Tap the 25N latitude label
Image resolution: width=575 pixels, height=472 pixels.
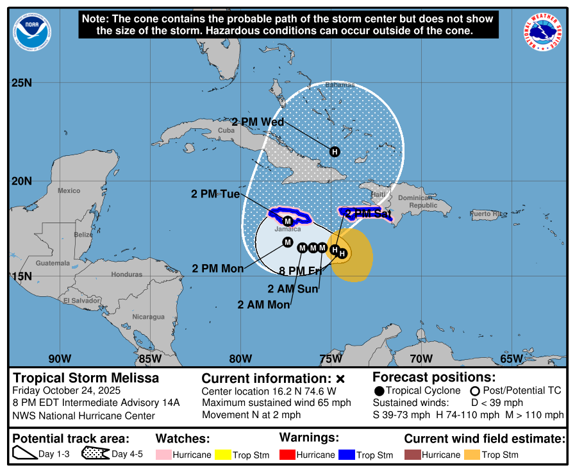point(22,83)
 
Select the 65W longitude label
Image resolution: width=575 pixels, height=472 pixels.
point(511,358)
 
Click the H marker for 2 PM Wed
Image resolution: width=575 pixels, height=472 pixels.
point(334,151)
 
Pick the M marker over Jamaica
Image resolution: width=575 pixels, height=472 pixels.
point(288,221)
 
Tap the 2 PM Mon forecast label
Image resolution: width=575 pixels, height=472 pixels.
point(218,269)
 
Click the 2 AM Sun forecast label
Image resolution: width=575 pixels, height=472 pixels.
point(293,289)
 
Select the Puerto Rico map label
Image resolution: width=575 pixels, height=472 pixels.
point(488,214)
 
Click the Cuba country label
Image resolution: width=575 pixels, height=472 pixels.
point(226,130)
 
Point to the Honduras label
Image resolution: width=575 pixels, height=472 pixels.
point(126,274)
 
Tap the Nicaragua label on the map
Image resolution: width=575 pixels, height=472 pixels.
point(148,317)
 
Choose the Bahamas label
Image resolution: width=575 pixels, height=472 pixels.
point(340,85)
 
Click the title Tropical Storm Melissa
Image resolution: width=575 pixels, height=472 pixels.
point(86,378)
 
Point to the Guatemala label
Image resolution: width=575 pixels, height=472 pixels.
point(53,263)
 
